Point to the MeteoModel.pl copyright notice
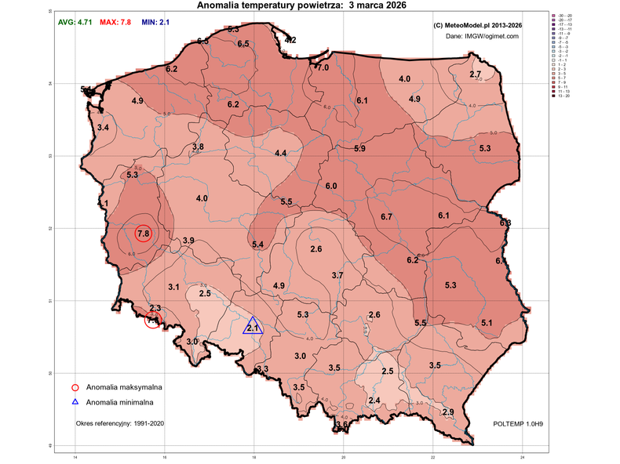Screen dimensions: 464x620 pos(478,25)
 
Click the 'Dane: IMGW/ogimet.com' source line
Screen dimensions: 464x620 pos(482,36)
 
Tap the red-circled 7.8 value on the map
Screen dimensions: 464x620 pos(143,234)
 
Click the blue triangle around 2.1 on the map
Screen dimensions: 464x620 pos(253,327)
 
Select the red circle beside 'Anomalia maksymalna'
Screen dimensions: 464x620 pos(75,387)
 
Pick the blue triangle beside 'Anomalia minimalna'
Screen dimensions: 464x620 pos(75,402)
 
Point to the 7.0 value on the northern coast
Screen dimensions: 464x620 pos(323,68)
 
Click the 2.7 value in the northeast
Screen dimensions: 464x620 pos(476,74)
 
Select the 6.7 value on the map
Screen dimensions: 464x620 pos(386,216)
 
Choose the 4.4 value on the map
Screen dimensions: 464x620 pos(280,154)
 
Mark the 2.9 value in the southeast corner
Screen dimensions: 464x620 pos(448,412)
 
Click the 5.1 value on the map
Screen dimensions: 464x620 pos(487,324)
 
